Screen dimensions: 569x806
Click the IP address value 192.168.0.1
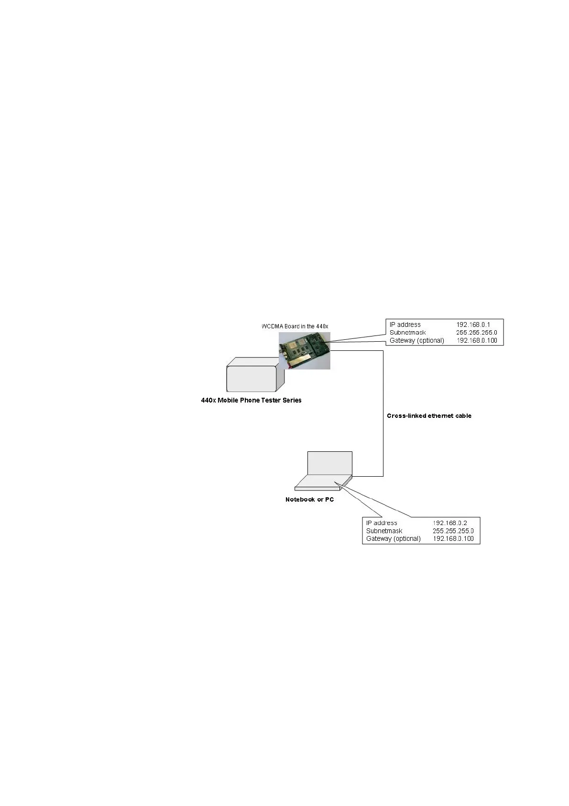472,325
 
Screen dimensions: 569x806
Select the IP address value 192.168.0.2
449,523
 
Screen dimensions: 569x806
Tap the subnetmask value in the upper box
476,333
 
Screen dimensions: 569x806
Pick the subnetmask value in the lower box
453,531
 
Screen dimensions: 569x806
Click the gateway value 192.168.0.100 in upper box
477,341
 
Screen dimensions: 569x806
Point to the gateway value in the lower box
453,539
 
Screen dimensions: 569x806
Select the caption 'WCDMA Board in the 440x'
295,326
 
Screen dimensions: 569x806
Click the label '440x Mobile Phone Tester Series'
251,401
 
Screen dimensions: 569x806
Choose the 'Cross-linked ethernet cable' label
429,416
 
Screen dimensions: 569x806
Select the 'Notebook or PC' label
309,500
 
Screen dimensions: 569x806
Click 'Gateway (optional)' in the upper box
416,341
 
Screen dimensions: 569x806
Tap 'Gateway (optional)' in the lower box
393,539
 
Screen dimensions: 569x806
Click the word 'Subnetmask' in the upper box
407,333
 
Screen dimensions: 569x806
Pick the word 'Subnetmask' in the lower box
384,531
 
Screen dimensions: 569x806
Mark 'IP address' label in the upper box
405,325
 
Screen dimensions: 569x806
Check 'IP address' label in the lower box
381,523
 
